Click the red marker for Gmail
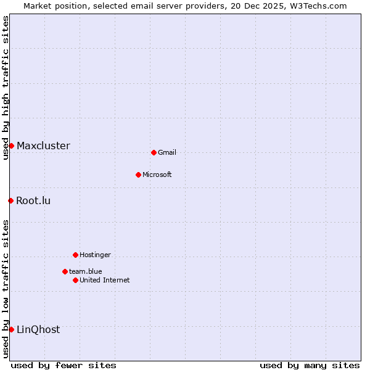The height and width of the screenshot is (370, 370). pyautogui.click(x=154, y=152)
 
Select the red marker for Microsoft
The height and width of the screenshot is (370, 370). pyautogui.click(x=138, y=175)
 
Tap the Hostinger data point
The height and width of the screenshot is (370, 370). pyautogui.click(x=75, y=255)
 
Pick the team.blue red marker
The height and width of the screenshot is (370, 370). pyautogui.click(x=65, y=271)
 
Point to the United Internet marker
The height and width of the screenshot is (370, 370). pyautogui.click(x=75, y=280)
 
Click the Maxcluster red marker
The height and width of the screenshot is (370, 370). pyautogui.click(x=11, y=146)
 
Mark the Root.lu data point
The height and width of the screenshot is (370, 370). pyautogui.click(x=10, y=200)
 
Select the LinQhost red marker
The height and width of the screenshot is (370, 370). pyautogui.click(x=11, y=329)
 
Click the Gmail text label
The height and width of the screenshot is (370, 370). pyautogui.click(x=167, y=153)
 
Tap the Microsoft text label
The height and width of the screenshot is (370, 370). pyautogui.click(x=157, y=175)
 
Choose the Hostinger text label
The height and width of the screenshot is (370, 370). pyautogui.click(x=95, y=255)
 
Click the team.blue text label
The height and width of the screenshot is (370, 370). pyautogui.click(x=86, y=272)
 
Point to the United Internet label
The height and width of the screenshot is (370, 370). pyautogui.click(x=105, y=281)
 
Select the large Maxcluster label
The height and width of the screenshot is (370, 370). pyautogui.click(x=43, y=146)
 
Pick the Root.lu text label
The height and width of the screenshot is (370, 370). pyautogui.click(x=33, y=201)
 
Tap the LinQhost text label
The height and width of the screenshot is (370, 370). pyautogui.click(x=38, y=330)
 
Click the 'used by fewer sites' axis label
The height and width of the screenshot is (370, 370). pyautogui.click(x=64, y=365)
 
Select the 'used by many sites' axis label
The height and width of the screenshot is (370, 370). pyautogui.click(x=310, y=365)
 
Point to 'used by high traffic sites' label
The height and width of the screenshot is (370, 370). pyautogui.click(x=6, y=88)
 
